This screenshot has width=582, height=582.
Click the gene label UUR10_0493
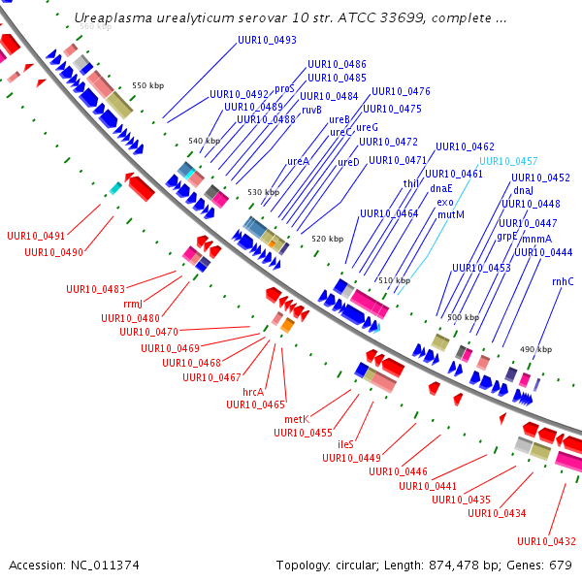coord(267,40)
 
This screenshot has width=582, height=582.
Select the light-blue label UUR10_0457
coord(508,161)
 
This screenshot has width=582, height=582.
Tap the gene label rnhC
coord(563,281)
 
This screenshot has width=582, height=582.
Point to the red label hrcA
coord(253,392)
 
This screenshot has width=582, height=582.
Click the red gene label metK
coord(297,419)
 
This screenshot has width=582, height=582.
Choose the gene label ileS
coord(345,444)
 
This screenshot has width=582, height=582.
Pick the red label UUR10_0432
coord(546,541)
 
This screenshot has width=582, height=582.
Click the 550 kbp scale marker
coord(147,85)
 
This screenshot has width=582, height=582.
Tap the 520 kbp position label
coord(328,239)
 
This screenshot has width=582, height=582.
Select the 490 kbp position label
coord(535,349)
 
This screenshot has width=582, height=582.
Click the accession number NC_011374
coord(105,566)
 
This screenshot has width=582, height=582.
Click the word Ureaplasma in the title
coord(113,18)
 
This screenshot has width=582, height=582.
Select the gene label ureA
coord(298,161)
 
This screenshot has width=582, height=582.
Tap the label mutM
coord(451,215)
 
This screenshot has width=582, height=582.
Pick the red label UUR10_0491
coord(36,236)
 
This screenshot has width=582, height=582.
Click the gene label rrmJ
coord(133,305)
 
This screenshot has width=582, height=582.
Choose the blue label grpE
coord(507,237)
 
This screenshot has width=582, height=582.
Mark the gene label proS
coord(284,89)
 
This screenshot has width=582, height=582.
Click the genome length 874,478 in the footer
coord(454,566)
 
